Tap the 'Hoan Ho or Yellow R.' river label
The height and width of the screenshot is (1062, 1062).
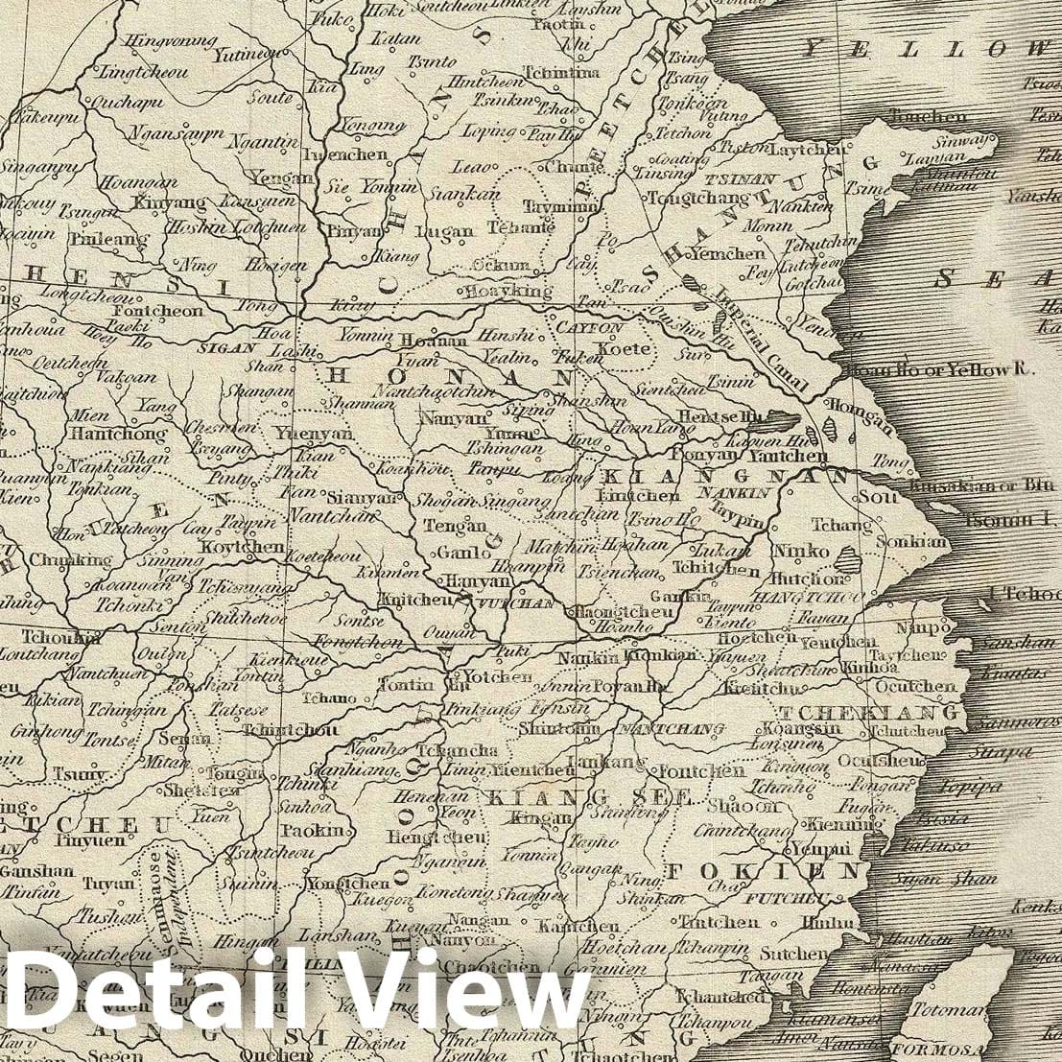pos(928,370)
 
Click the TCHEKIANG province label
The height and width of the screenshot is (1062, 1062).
pos(869,714)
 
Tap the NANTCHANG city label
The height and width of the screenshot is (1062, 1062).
pos(672,730)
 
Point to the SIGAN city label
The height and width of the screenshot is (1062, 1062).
pos(226,347)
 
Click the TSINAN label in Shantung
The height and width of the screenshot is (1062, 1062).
pos(726,178)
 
